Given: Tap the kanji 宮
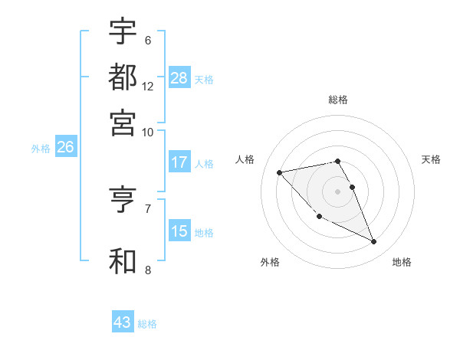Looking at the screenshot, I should click(x=123, y=122).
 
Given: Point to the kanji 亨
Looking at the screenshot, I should click(x=123, y=200).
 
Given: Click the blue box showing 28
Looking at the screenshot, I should click(x=179, y=78).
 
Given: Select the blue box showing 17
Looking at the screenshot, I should click(x=179, y=162).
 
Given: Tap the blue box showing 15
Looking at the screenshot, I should click(x=179, y=231).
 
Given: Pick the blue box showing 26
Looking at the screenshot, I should click(x=65, y=148).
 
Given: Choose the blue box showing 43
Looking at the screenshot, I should click(x=123, y=322).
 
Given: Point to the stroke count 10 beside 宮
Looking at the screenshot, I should click(x=148, y=132).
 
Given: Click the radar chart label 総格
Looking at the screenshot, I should click(x=338, y=100).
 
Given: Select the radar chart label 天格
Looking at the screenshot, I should click(x=431, y=159).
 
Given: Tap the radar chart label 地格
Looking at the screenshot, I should click(x=402, y=262).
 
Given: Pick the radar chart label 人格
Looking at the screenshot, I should click(x=245, y=159).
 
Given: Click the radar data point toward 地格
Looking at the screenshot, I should click(x=374, y=242).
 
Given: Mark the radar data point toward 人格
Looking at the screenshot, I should click(x=280, y=172).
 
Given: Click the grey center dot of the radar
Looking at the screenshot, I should click(x=338, y=191).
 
